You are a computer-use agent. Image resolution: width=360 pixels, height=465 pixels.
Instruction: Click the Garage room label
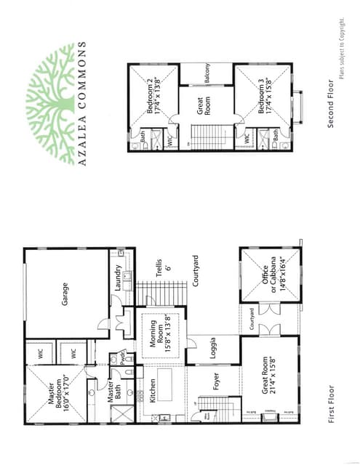pos(65,293)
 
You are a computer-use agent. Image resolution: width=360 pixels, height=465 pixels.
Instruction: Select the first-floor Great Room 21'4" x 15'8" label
pos(268,394)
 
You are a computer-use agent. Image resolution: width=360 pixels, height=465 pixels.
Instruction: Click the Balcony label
pos(207,75)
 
